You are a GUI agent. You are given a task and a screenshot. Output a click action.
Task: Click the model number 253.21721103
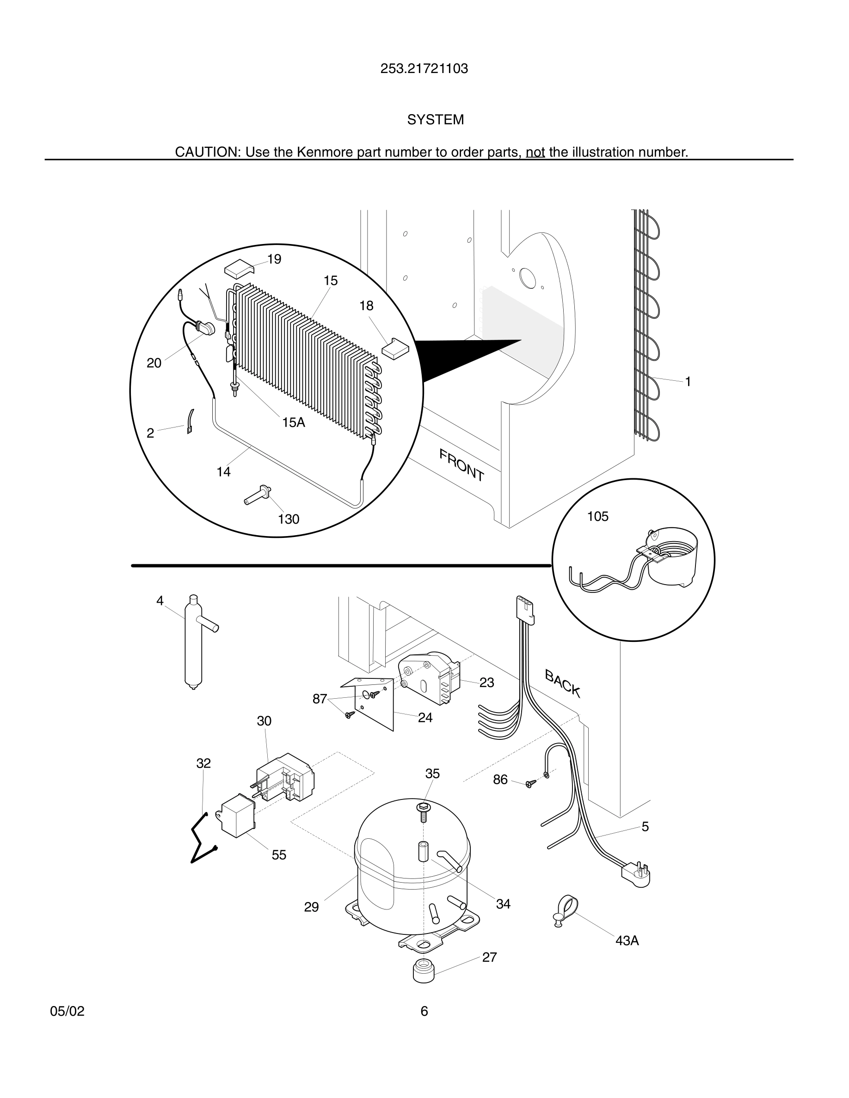click(424, 69)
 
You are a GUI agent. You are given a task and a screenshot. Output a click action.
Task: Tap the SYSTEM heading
click(435, 120)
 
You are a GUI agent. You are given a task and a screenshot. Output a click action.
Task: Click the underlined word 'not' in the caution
click(535, 152)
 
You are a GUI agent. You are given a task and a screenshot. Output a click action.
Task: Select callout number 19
click(274, 259)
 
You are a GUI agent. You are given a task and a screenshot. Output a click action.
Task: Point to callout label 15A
click(294, 422)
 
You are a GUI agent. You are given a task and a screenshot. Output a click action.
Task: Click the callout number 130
click(289, 519)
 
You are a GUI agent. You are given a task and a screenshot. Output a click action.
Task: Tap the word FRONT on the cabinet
click(461, 465)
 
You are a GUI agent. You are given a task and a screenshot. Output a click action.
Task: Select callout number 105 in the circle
click(597, 516)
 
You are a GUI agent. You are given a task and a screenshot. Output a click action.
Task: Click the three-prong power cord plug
click(637, 874)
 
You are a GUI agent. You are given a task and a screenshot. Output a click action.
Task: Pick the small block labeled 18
click(395, 348)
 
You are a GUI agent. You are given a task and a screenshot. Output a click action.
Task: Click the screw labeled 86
click(530, 783)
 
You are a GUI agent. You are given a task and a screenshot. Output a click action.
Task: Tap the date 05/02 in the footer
click(67, 1011)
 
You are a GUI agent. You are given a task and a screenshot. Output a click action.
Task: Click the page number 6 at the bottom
click(424, 1011)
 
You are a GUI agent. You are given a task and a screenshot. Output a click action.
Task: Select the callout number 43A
click(627, 940)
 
